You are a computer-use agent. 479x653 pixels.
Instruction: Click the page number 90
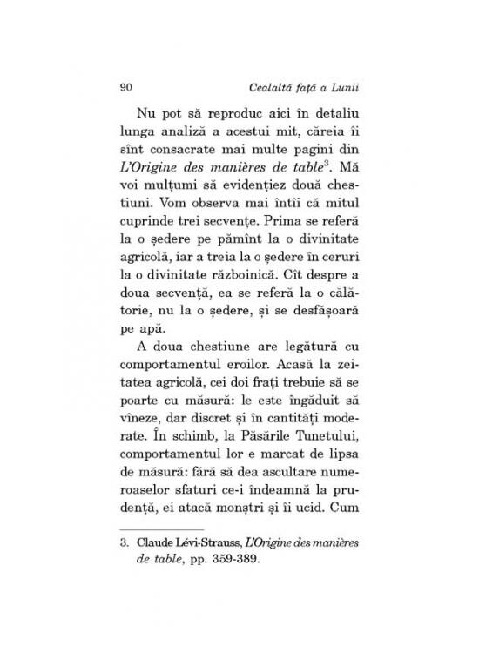pyautogui.click(x=124, y=87)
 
